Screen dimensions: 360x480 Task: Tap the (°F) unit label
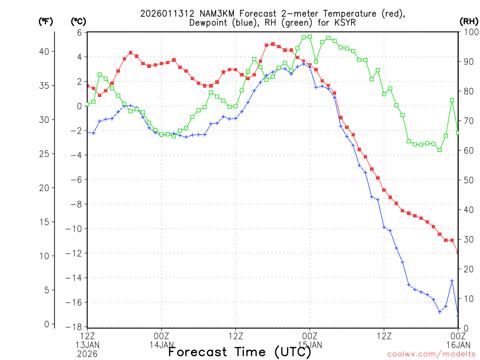45,21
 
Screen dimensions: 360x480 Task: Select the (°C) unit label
78,21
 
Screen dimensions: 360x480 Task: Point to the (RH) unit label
469,21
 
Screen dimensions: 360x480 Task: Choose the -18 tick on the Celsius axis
76,327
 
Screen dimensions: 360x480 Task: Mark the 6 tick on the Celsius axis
80,32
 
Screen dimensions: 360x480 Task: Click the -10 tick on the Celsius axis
76,229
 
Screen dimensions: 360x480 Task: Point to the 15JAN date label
310,345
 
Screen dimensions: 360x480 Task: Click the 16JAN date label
458,345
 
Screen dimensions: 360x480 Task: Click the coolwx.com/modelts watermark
431,354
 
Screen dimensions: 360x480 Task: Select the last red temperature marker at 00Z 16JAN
458,252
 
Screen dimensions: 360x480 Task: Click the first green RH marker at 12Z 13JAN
88,104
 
